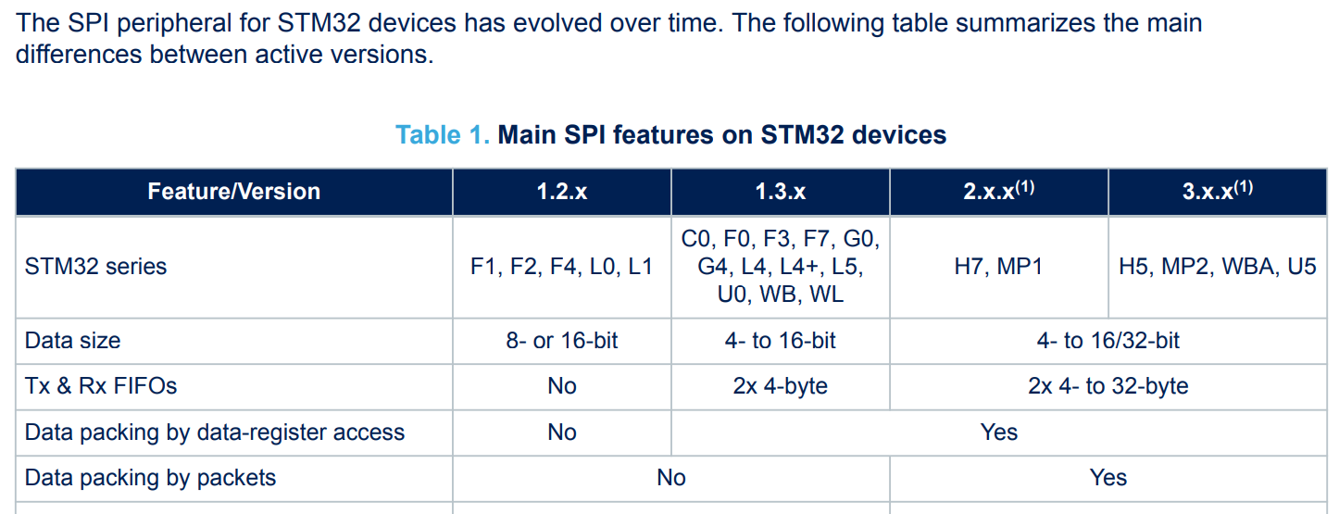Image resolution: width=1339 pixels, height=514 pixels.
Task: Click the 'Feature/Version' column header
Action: click(x=233, y=192)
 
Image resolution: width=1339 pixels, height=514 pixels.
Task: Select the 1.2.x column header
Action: click(x=561, y=192)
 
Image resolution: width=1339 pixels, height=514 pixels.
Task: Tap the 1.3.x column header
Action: click(x=780, y=192)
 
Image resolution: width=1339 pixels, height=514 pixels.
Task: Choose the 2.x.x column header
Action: click(x=997, y=192)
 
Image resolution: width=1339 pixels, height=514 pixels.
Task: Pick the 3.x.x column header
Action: click(x=1217, y=192)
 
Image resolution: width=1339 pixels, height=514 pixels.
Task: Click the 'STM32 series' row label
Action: click(x=96, y=267)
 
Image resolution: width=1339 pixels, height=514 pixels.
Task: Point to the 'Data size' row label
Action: click(x=73, y=341)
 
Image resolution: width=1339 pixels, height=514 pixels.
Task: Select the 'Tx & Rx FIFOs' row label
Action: click(x=101, y=386)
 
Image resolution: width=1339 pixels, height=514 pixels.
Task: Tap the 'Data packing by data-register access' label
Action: click(x=215, y=433)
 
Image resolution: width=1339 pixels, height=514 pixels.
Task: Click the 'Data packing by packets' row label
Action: click(x=150, y=478)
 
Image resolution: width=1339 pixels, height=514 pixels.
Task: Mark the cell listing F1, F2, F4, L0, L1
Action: click(x=561, y=267)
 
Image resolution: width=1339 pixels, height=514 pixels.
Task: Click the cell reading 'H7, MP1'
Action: click(x=998, y=267)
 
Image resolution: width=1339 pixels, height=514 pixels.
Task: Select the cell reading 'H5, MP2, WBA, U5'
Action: click(x=1217, y=267)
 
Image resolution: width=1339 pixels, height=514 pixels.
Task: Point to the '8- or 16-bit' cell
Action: click(x=561, y=341)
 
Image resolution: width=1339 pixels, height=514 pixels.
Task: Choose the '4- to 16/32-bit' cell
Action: click(x=1107, y=341)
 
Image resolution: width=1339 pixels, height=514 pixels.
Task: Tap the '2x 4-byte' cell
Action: click(x=780, y=386)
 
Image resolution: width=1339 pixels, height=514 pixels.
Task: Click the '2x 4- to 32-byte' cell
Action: click(x=1107, y=386)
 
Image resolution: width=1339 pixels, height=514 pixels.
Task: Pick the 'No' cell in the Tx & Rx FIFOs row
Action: click(x=561, y=386)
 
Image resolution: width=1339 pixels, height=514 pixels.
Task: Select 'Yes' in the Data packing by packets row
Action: click(x=1107, y=478)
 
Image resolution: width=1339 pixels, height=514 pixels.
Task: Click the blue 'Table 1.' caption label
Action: click(x=442, y=135)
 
